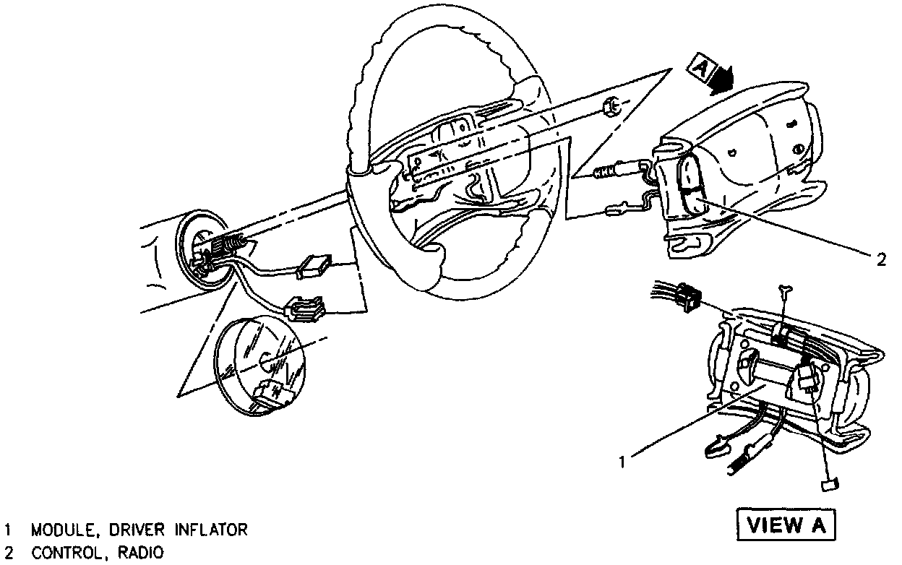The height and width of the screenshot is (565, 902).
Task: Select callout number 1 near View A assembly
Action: pos(622,459)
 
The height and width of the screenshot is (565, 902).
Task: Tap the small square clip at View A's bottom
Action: pos(829,484)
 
